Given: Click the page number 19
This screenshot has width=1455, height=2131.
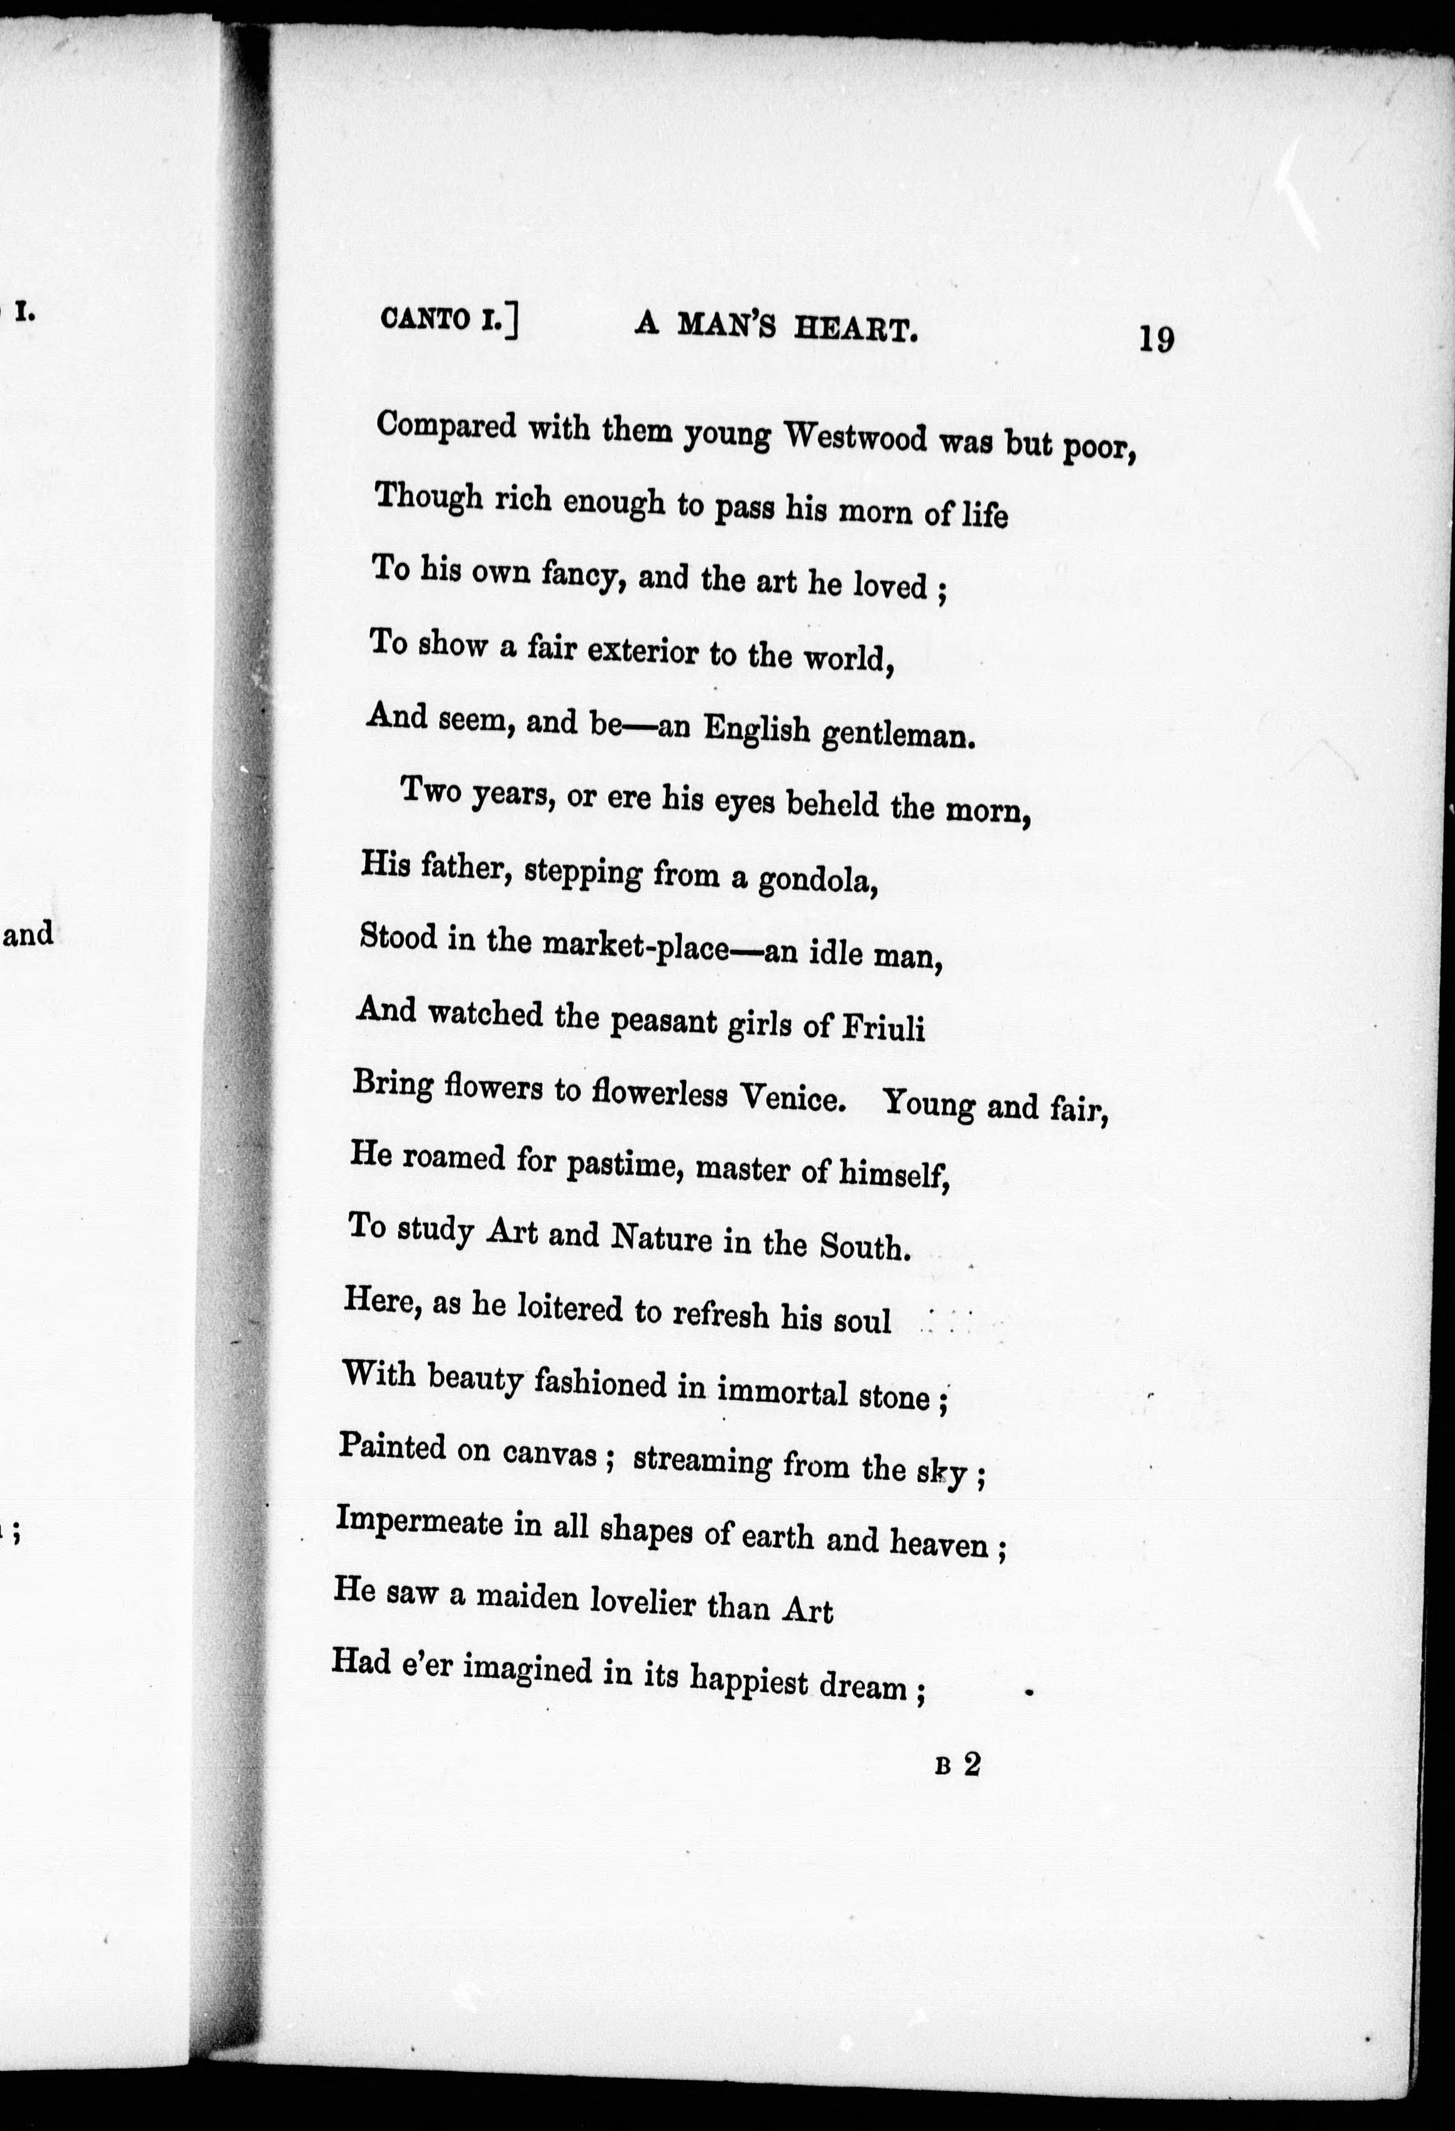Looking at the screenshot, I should tap(1155, 339).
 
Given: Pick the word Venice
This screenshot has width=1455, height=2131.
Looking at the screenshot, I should tap(790, 1096).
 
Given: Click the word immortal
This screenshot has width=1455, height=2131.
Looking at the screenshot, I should tap(781, 1390).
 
